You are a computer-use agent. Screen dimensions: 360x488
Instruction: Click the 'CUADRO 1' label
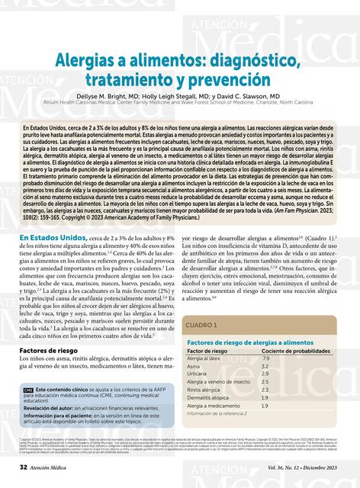click(x=202, y=303)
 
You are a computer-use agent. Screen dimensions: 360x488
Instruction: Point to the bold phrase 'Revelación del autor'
click(x=52, y=408)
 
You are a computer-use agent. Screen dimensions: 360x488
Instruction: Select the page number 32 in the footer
click(x=24, y=465)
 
